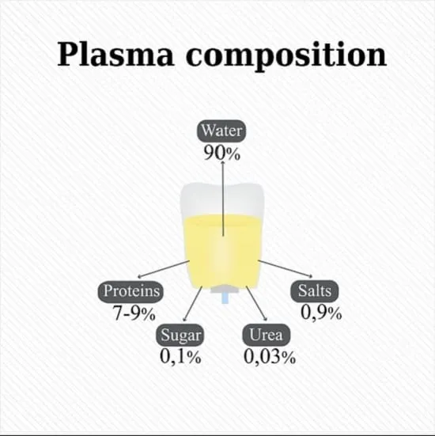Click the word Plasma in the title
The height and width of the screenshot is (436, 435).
point(115,54)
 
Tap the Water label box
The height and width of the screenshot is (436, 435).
point(221,131)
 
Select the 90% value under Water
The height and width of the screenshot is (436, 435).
point(221,153)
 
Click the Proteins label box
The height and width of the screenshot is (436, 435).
point(130,292)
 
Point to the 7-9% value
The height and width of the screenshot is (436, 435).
point(134,313)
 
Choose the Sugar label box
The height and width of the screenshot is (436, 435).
point(180,335)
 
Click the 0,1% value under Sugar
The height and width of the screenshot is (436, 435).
point(180,356)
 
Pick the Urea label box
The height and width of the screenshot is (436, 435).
point(267,335)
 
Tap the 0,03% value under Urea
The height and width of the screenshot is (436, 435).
point(270,356)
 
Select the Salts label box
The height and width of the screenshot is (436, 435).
point(315,291)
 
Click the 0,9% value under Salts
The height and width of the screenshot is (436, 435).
point(321,313)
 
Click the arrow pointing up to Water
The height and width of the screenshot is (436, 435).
point(223,199)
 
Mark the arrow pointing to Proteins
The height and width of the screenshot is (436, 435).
point(164,269)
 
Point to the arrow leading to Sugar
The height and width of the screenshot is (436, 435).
point(192,304)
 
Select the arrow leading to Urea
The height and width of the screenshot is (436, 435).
point(256,303)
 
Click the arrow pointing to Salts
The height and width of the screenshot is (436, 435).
point(286,268)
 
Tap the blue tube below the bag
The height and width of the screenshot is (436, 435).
point(225,298)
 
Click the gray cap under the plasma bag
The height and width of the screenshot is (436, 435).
point(225,290)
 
